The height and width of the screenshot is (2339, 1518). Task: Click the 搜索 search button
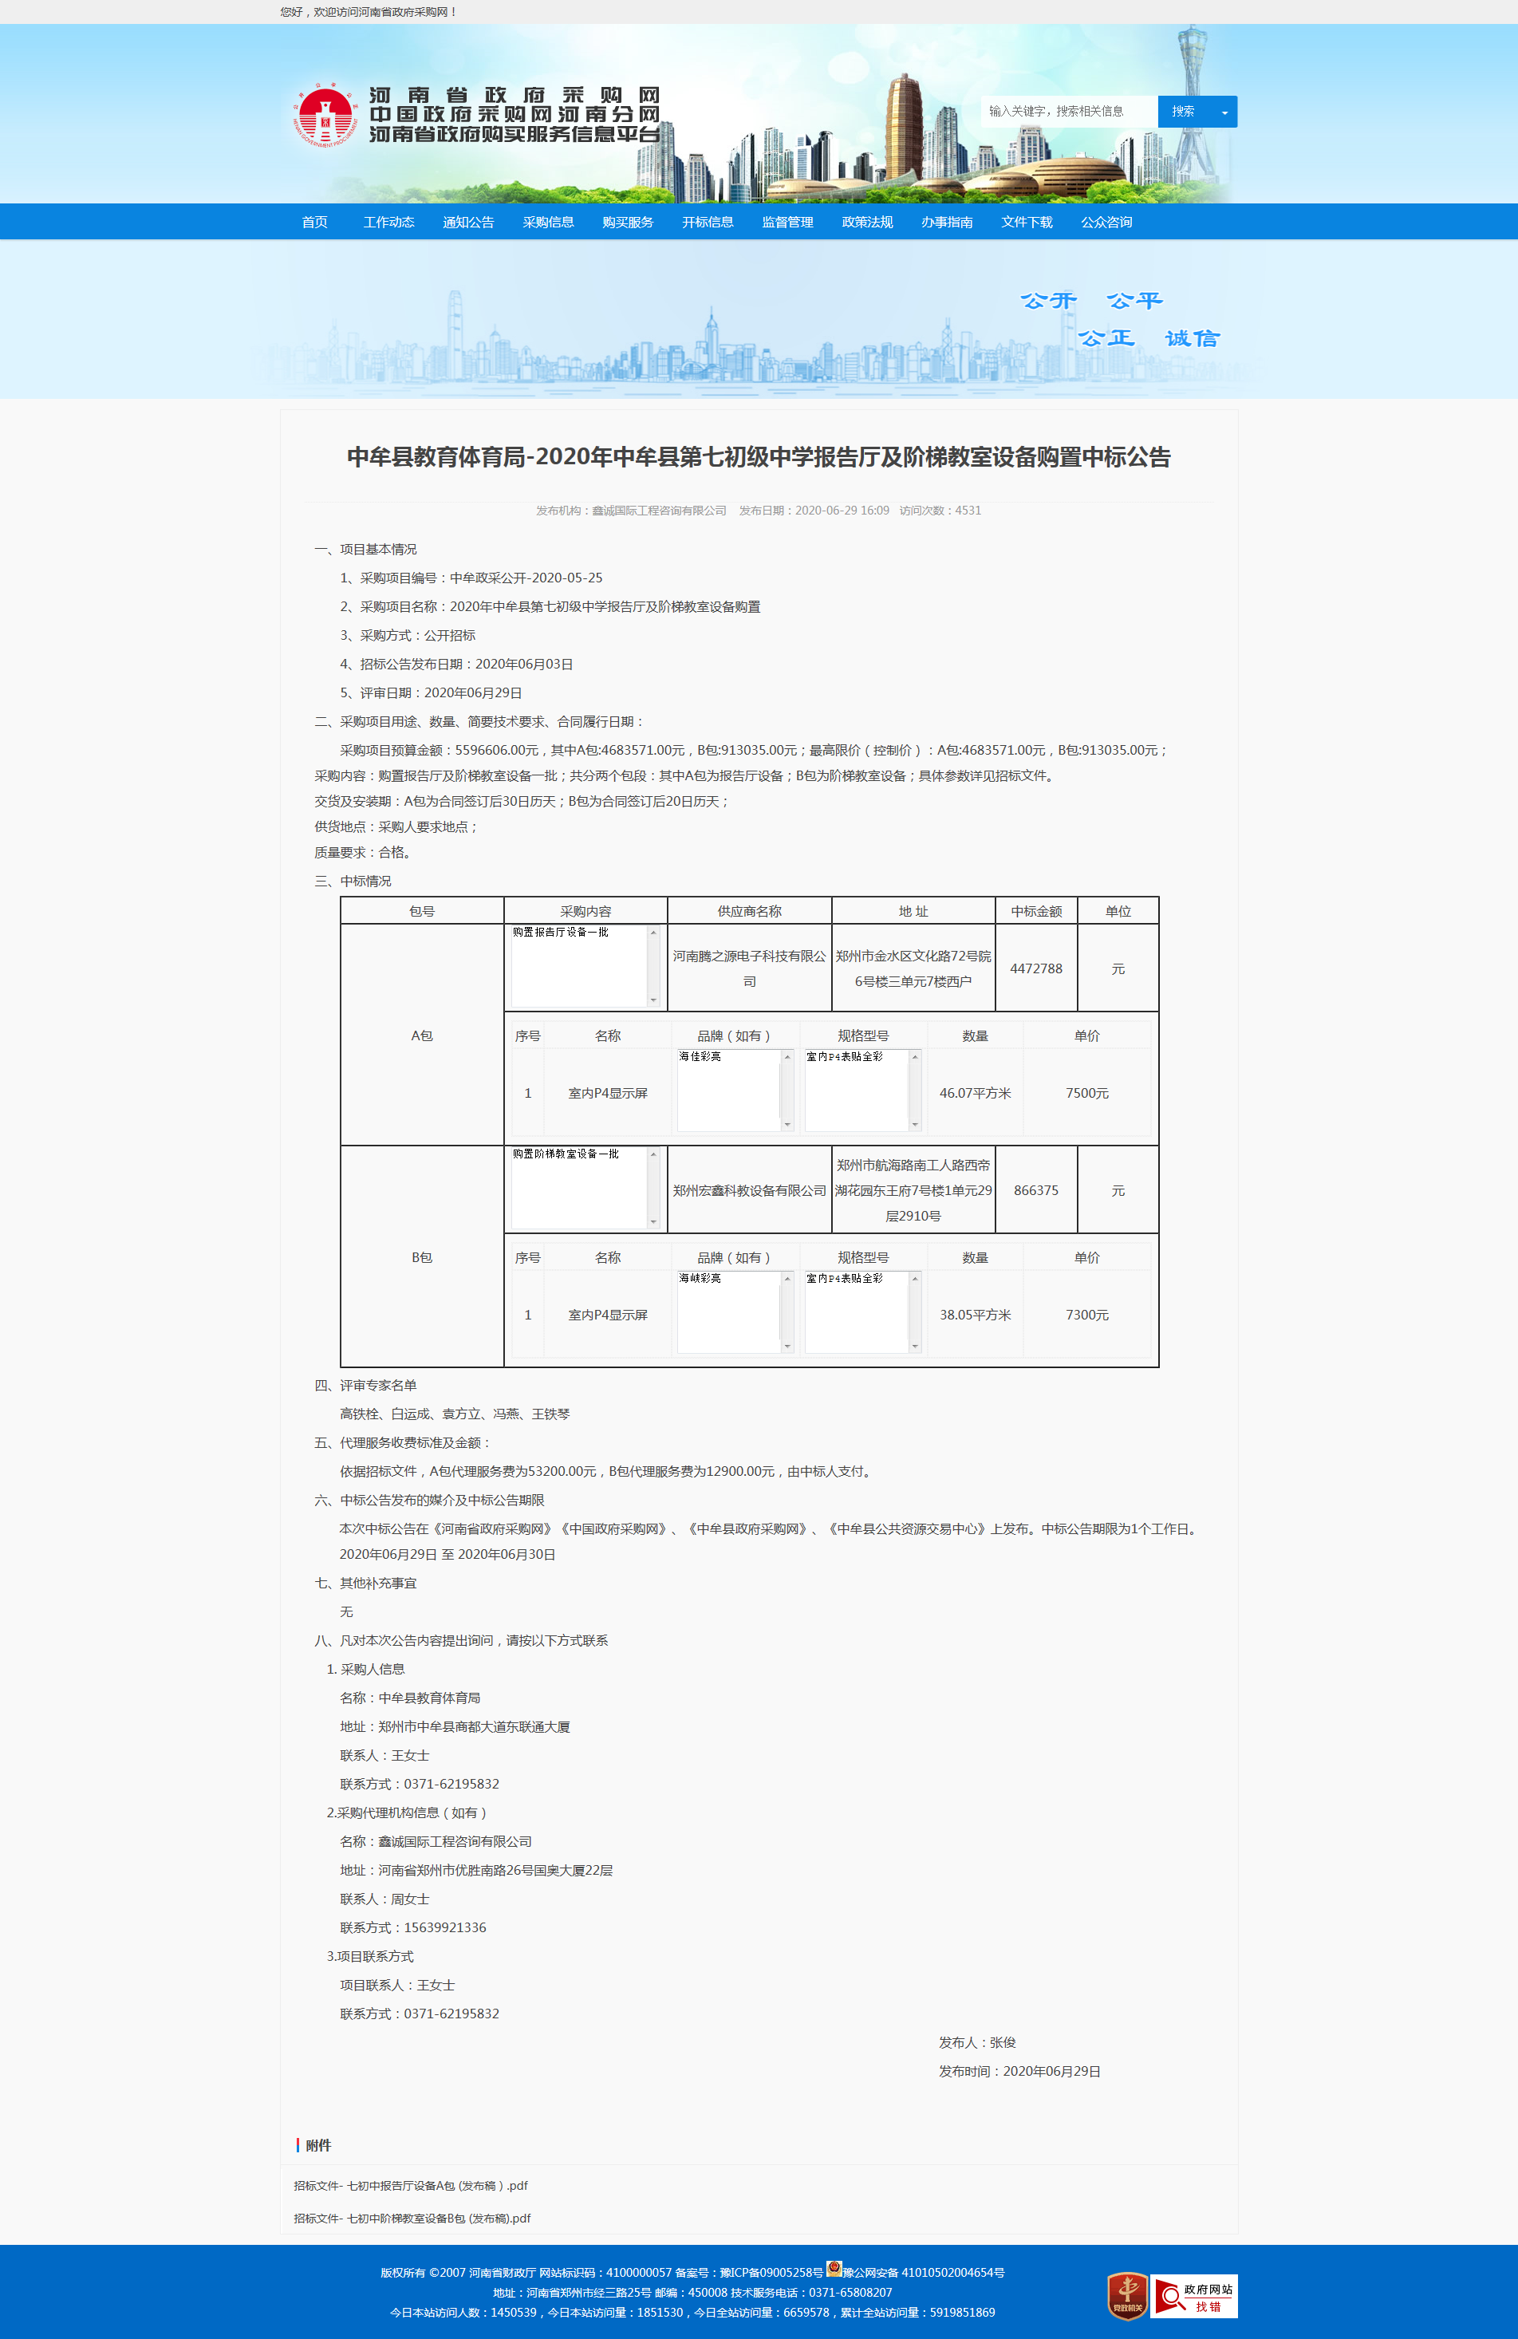[x=1183, y=112]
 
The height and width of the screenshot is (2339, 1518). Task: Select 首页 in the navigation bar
[x=314, y=222]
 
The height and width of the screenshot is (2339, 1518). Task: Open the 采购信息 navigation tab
[x=548, y=222]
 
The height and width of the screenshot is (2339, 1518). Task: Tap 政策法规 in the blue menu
[x=866, y=222]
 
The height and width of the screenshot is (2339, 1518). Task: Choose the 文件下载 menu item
[x=1027, y=222]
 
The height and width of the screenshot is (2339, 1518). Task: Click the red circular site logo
[x=325, y=116]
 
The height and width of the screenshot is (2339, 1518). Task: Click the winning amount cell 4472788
[x=1035, y=968]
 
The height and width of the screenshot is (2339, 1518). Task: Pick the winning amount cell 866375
[x=1035, y=1190]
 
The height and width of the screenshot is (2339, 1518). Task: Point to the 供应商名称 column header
[x=749, y=911]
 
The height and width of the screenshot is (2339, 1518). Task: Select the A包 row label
[x=421, y=1035]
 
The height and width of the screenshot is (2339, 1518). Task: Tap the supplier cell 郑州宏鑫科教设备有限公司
[x=749, y=1190]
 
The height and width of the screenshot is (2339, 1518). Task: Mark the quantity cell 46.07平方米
[x=975, y=1093]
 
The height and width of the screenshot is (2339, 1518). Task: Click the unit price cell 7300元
[x=1086, y=1315]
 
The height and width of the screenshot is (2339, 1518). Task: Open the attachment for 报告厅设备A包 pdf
[x=411, y=2186]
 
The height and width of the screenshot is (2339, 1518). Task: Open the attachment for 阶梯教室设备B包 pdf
[x=412, y=2218]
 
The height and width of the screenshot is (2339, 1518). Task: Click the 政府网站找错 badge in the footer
[x=1194, y=2297]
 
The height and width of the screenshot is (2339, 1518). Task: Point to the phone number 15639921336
[x=445, y=1927]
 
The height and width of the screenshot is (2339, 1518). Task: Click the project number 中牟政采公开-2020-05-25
[x=526, y=578]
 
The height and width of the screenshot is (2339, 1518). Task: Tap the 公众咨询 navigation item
[x=1106, y=222]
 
